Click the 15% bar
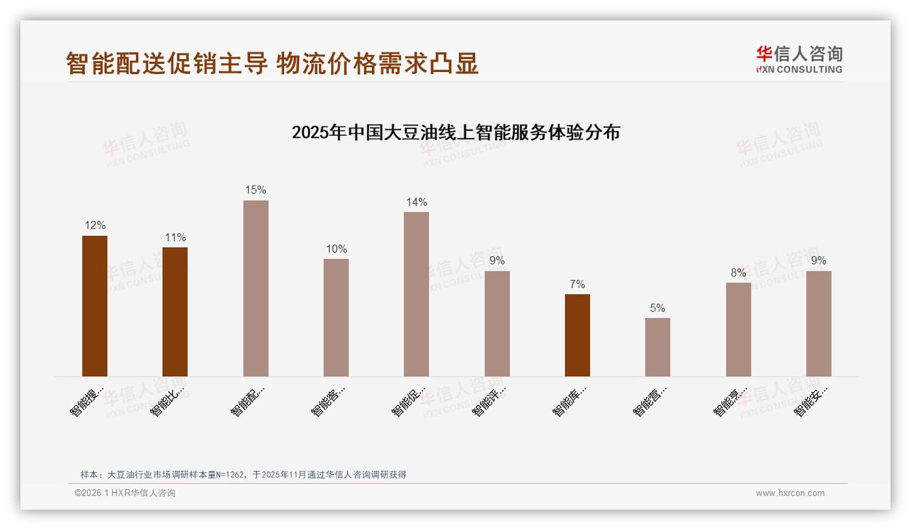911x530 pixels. coord(256,288)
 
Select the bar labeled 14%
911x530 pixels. coord(416,294)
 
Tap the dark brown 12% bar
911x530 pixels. coord(94,306)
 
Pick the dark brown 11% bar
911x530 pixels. coord(175,311)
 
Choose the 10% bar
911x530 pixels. coord(336,317)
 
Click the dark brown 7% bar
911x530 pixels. coord(577,335)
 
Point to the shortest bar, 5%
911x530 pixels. coord(657,347)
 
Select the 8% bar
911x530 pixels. coord(738,329)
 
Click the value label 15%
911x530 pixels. coord(256,190)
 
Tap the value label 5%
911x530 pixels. coord(657,308)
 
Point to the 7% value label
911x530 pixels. coord(577,284)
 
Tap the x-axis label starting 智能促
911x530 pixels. coord(409,401)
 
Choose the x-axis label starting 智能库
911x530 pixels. coord(570,401)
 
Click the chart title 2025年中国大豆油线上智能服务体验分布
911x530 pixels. coord(455,132)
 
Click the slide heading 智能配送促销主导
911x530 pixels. coord(167,63)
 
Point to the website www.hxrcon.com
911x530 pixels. coord(790,493)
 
